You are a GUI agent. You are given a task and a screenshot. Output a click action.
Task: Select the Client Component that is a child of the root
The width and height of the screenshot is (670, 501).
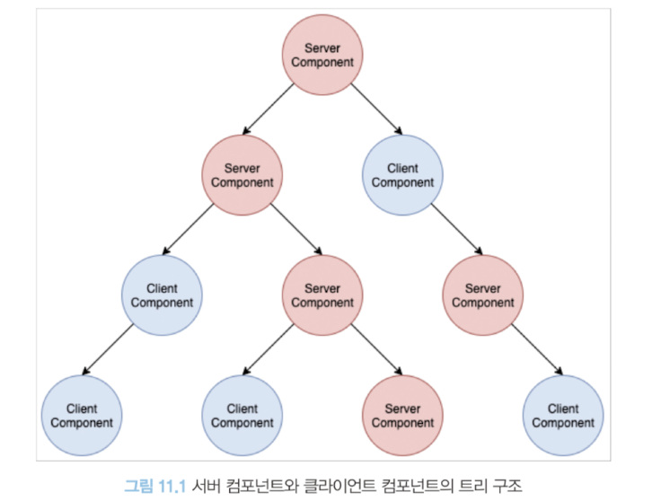coord(402,175)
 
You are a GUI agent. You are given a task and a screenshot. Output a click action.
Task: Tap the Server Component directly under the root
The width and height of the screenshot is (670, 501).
coord(242,175)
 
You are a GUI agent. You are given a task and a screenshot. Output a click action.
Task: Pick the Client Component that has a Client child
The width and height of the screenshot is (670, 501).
coord(162,295)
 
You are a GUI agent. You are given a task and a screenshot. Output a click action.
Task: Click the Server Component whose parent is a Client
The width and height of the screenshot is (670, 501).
coord(482,295)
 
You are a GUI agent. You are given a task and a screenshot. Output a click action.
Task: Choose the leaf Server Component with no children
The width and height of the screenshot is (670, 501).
coord(402,416)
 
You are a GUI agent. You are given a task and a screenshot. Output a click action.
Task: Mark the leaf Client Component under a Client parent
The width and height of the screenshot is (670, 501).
coord(82,416)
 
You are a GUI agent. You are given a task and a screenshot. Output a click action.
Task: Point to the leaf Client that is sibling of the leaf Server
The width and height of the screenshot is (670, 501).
coord(242,416)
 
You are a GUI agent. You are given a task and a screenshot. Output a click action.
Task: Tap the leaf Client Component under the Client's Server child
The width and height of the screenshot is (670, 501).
coord(563,416)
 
